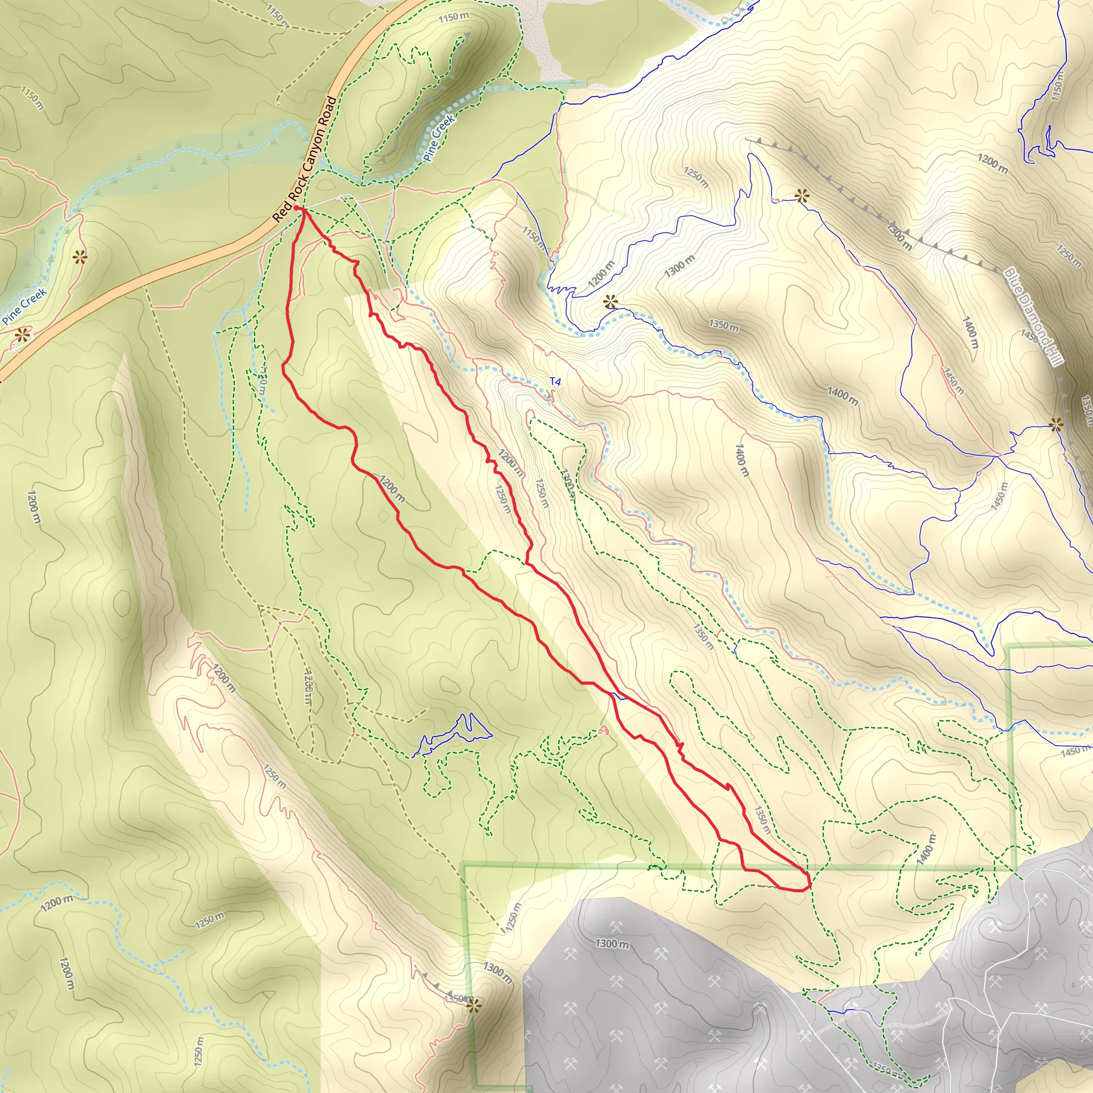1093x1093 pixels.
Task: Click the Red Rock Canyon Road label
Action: pos(304,160)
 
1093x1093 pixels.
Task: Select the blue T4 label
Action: pos(555,383)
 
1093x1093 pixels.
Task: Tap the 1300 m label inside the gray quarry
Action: pos(612,944)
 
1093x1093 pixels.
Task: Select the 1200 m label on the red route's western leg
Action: pos(392,489)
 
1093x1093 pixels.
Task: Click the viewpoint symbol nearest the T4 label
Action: pos(610,302)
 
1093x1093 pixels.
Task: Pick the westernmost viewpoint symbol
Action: pos(22,335)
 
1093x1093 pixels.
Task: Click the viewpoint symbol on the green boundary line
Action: pos(473,1005)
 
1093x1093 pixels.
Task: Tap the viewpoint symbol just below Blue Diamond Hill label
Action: pos(1056,424)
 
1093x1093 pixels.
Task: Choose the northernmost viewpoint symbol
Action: pos(802,196)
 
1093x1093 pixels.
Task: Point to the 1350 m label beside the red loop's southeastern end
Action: pos(763,820)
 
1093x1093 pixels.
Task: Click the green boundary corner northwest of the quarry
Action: pos(464,864)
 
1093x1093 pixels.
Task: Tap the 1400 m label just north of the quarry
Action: pos(926,849)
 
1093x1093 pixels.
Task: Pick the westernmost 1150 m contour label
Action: pos(31,98)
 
